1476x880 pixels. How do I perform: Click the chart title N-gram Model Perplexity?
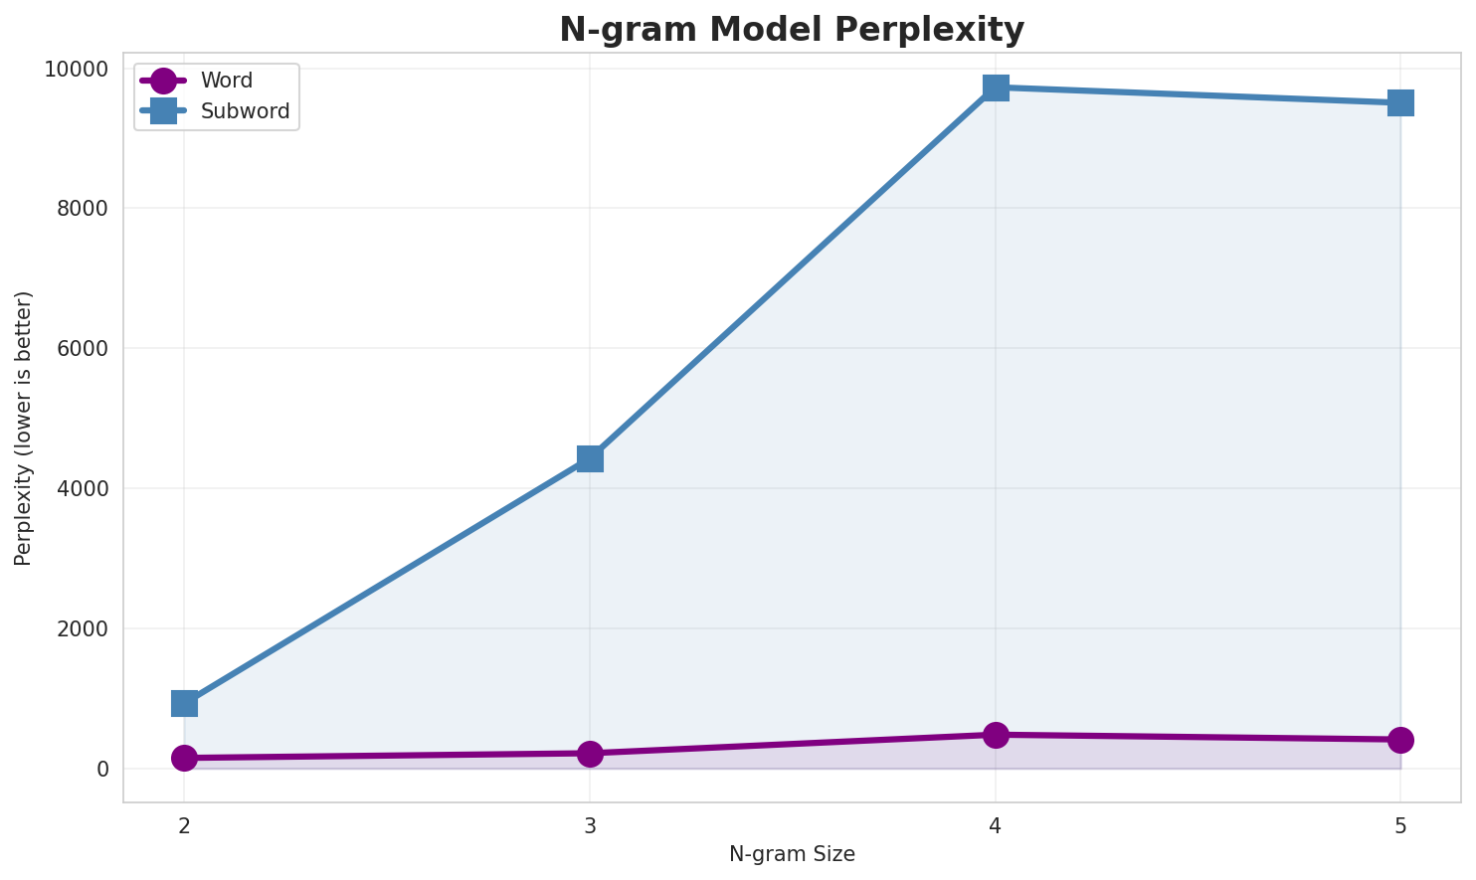click(791, 30)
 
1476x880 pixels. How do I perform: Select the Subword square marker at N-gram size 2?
click(184, 704)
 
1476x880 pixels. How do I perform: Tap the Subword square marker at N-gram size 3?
click(590, 458)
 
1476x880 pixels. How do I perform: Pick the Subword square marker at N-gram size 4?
click(996, 88)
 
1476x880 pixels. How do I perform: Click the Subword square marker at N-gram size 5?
click(1400, 102)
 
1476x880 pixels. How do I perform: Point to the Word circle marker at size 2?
click(184, 758)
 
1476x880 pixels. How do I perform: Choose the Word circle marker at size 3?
click(590, 754)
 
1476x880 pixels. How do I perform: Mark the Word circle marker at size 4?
click(996, 735)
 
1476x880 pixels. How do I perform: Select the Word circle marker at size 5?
click(1400, 740)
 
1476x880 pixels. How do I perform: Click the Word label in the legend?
click(226, 81)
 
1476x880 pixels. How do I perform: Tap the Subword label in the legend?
click(245, 111)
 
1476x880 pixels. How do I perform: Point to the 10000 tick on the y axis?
click(76, 69)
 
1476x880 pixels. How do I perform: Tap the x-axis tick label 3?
click(590, 824)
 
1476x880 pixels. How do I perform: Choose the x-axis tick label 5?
click(1400, 824)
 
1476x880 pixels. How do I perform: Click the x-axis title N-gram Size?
click(792, 854)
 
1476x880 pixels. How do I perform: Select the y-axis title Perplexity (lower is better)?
click(24, 428)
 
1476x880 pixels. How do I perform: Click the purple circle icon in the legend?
click(164, 81)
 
